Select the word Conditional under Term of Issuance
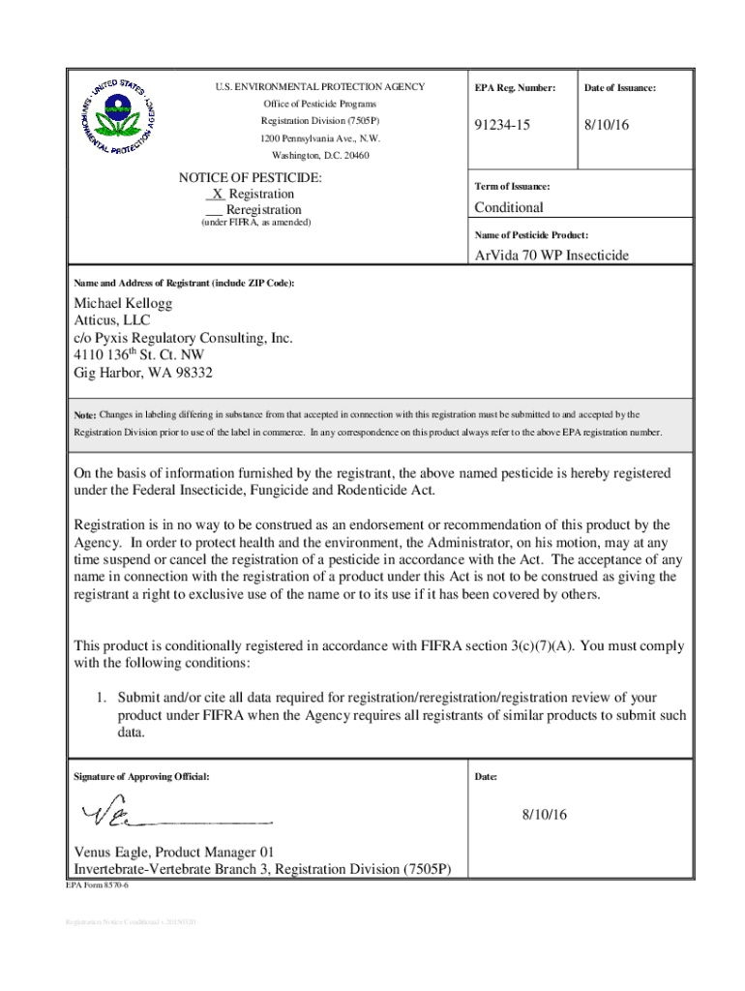click(x=508, y=207)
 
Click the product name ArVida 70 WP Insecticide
click(x=551, y=255)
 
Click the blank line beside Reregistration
click(x=215, y=211)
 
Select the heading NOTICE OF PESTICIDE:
click(x=250, y=178)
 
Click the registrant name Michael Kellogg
click(x=124, y=304)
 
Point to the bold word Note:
click(x=85, y=415)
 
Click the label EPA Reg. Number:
click(x=515, y=88)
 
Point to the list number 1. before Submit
click(x=100, y=697)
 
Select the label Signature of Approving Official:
click(x=141, y=776)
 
